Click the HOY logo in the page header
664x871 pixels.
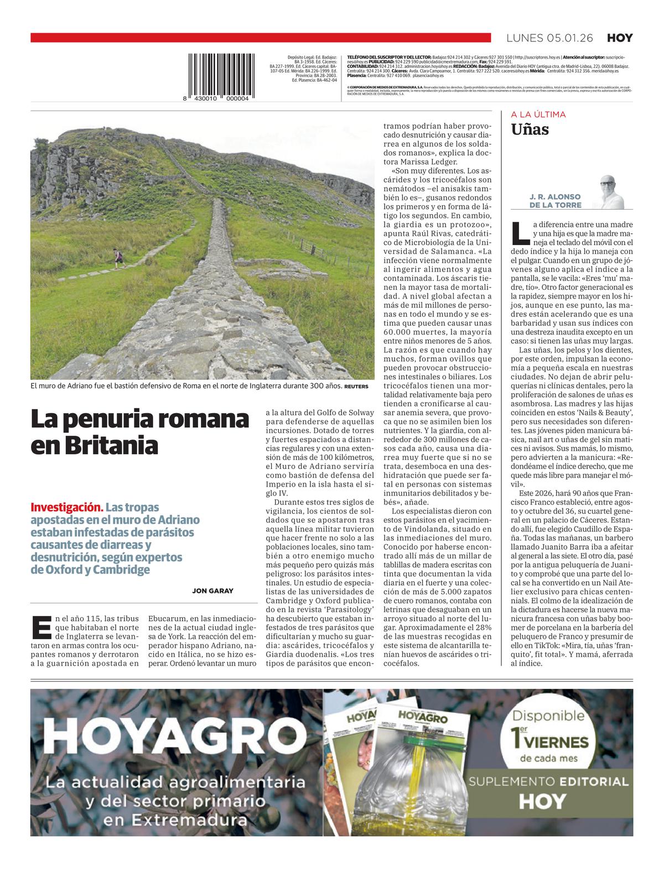coord(620,38)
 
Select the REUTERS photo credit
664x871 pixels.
coord(355,386)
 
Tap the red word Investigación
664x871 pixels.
coord(66,507)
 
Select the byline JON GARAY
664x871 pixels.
coord(212,591)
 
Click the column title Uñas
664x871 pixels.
coord(530,129)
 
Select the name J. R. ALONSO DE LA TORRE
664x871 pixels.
coord(547,201)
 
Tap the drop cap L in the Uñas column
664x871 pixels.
coord(520,232)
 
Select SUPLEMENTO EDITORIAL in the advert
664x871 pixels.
coord(548,781)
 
